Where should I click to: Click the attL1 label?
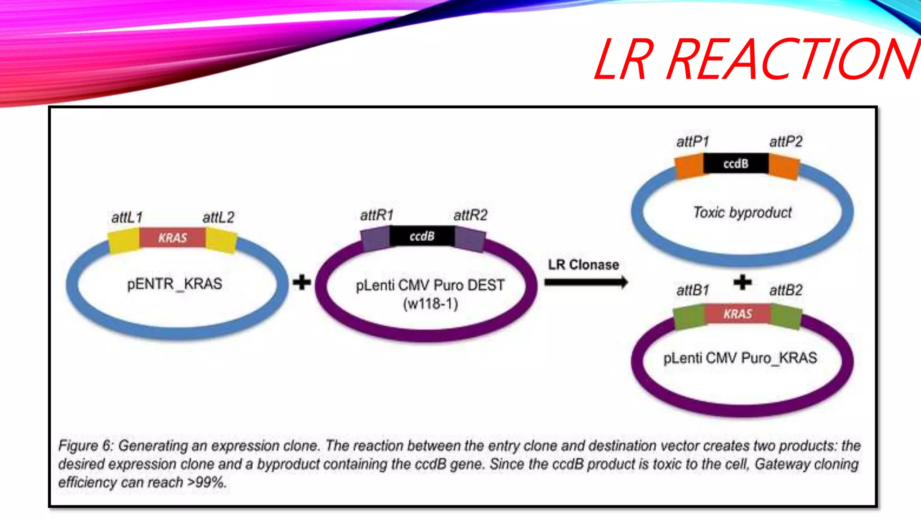(x=127, y=218)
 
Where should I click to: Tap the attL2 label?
(x=219, y=218)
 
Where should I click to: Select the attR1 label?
(x=377, y=215)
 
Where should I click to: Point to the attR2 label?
(x=470, y=215)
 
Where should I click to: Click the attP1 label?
(x=693, y=142)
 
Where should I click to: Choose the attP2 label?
(x=786, y=142)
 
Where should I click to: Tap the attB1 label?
(x=693, y=290)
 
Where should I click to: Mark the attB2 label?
(x=786, y=290)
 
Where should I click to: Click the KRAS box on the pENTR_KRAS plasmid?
(x=173, y=238)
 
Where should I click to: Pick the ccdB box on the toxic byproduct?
(x=736, y=164)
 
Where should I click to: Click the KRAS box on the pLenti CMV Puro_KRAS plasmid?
(x=738, y=314)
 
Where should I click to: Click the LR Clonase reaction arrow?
(x=586, y=282)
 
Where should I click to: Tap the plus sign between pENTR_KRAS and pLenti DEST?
(x=302, y=282)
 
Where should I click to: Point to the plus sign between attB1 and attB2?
(x=742, y=282)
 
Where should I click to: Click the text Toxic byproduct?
(x=742, y=212)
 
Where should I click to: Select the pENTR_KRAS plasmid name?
(x=174, y=284)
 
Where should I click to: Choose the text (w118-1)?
(x=430, y=304)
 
